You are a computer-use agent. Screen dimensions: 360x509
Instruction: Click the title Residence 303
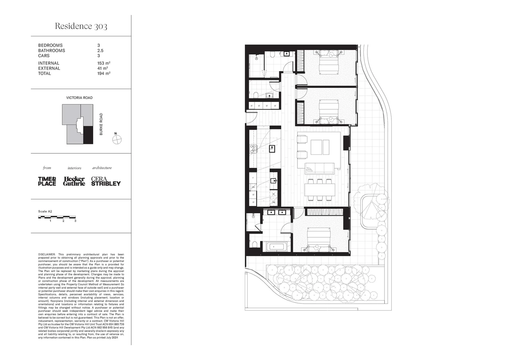tap(81, 26)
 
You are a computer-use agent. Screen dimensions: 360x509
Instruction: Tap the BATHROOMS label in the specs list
tap(51, 51)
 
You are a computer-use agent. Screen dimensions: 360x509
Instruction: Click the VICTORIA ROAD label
tap(79, 98)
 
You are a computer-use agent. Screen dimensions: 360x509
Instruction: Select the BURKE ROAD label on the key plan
tap(101, 124)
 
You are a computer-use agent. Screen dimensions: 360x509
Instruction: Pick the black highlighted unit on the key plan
tap(88, 135)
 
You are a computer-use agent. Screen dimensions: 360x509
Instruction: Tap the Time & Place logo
tap(47, 181)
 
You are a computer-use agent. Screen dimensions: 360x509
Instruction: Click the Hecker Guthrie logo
tap(74, 181)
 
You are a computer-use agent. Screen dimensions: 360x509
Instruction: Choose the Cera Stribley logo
tap(106, 181)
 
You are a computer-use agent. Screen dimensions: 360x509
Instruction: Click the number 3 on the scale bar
tap(75, 221)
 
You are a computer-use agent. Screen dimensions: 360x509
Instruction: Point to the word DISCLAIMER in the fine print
tap(47, 254)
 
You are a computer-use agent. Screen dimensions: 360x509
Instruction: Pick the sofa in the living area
tap(319, 167)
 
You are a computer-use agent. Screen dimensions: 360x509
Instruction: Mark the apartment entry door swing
tap(253, 116)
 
